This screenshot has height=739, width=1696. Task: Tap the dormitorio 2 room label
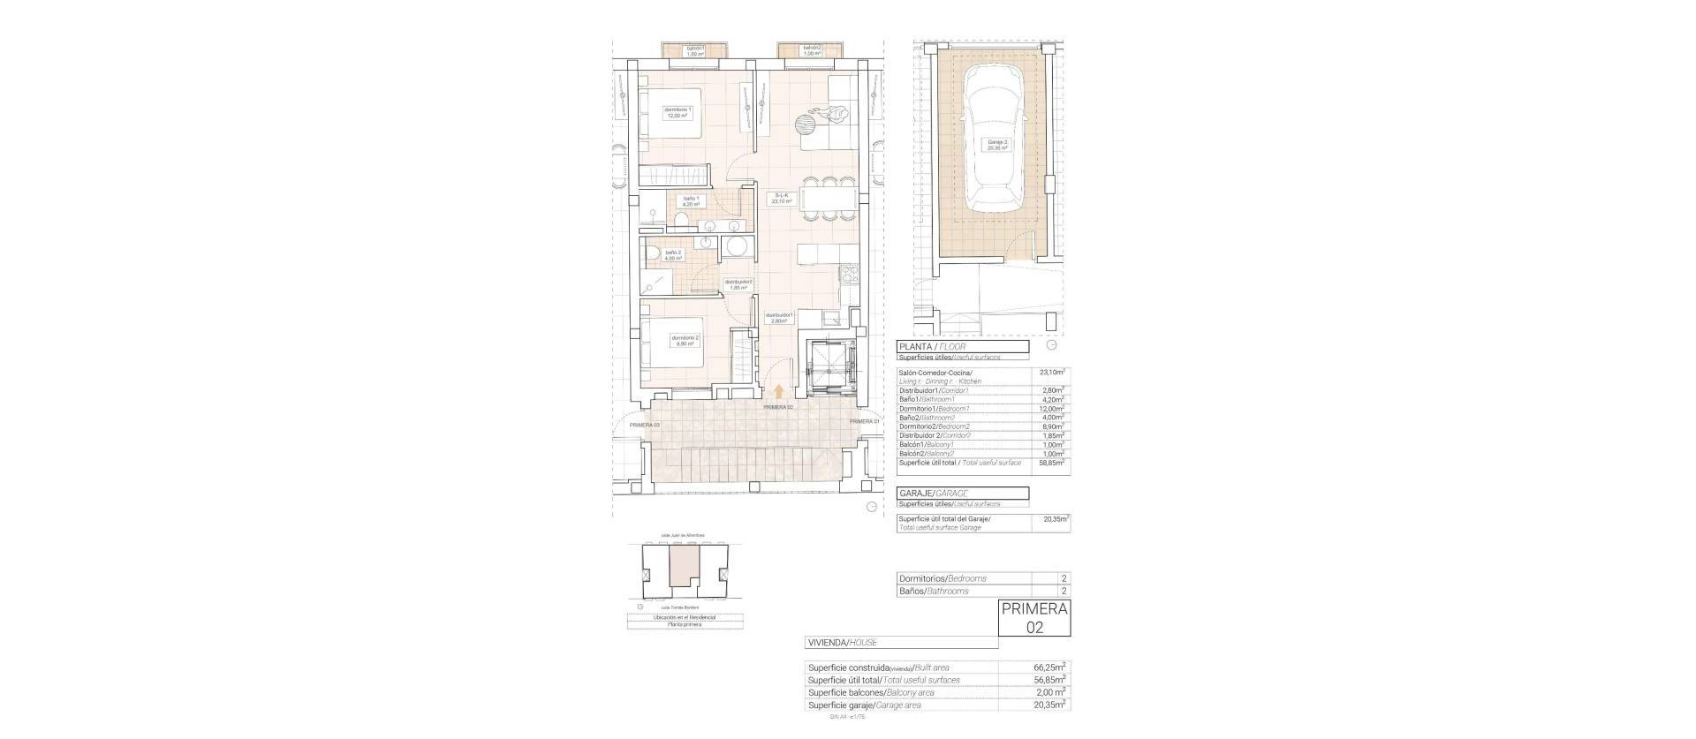tap(685, 340)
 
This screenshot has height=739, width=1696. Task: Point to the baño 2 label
tap(673, 255)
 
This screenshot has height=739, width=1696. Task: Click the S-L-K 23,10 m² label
tap(780, 198)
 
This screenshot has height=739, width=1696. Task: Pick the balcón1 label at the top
tap(695, 50)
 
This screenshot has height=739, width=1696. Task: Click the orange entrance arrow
tap(778, 392)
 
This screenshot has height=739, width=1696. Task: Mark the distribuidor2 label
tap(738, 284)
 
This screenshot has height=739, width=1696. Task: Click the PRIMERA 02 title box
tap(1033, 618)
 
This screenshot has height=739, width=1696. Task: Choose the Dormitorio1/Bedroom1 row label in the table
tap(935, 409)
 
